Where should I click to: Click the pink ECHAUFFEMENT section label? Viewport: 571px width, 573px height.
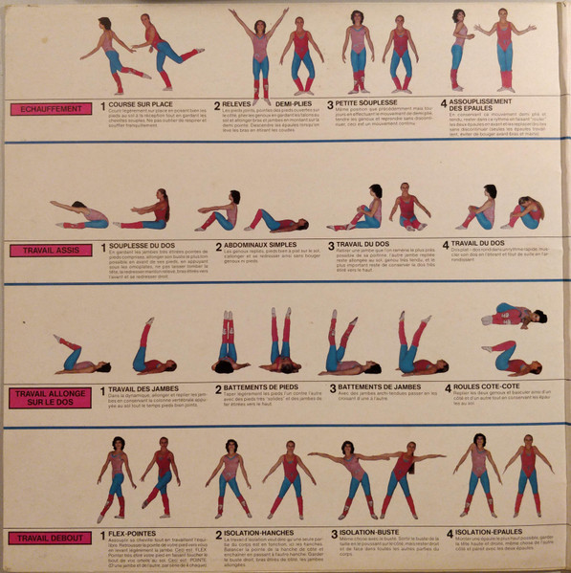pyautogui.click(x=51, y=109)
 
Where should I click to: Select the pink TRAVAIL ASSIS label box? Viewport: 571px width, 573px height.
pyautogui.click(x=51, y=251)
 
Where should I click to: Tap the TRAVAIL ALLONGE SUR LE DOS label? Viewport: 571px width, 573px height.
pyautogui.click(x=51, y=396)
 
